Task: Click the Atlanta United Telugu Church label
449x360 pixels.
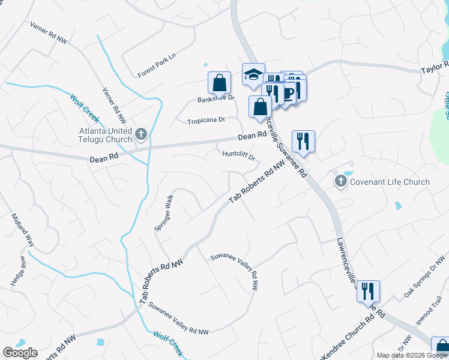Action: click(106, 135)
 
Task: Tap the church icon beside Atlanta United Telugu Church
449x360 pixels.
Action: click(142, 134)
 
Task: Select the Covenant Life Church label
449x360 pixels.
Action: click(390, 182)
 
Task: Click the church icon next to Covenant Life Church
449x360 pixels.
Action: click(341, 181)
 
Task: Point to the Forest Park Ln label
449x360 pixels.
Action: click(158, 65)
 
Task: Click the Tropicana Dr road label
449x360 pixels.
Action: click(206, 120)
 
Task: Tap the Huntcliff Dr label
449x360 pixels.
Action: click(239, 155)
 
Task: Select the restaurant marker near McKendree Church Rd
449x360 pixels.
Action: click(368, 291)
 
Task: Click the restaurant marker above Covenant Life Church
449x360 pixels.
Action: click(303, 142)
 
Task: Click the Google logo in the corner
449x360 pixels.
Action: click(20, 353)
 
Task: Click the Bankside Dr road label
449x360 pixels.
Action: click(216, 98)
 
